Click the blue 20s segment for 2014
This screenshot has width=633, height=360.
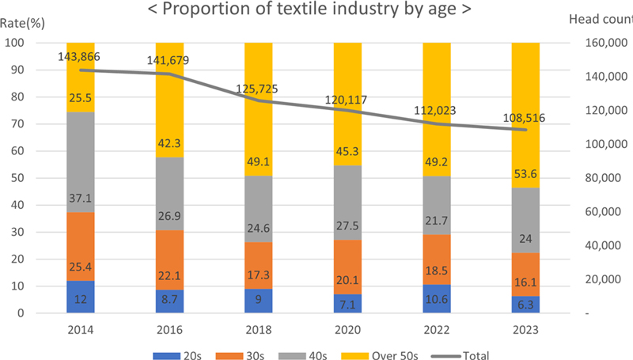coord(80,297)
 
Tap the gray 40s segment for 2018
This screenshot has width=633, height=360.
coord(259,209)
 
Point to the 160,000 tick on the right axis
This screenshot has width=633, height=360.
coord(602,44)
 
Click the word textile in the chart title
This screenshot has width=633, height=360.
coord(309,10)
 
